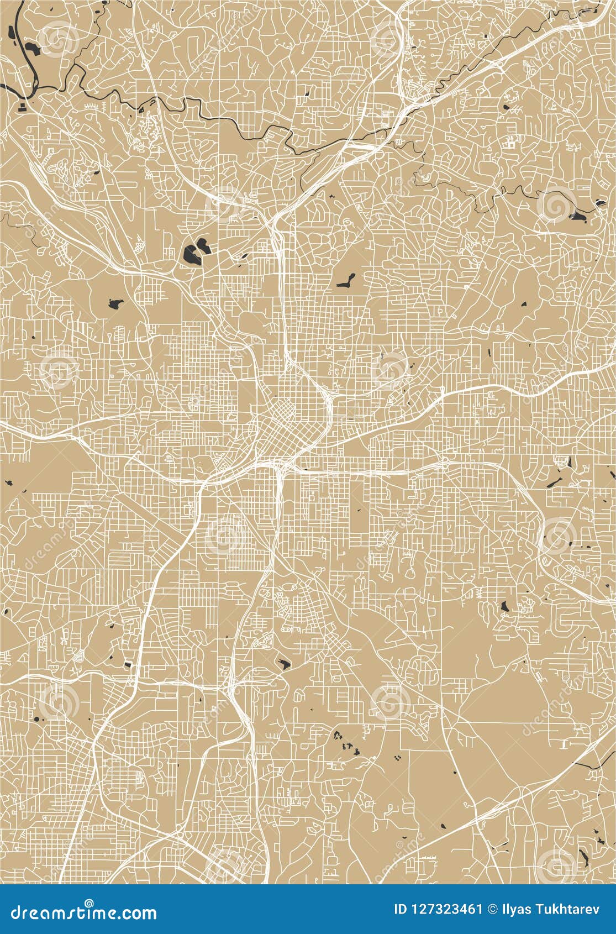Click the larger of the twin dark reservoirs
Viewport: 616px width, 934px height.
tap(191, 255)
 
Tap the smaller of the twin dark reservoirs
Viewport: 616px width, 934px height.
tap(203, 244)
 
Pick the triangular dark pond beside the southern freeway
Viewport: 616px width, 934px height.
tap(284, 663)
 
